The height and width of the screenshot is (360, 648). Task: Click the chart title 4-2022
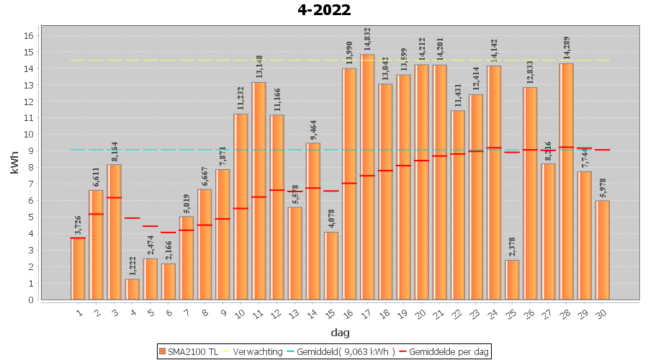[x=324, y=10]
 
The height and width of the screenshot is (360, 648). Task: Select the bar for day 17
[x=367, y=176]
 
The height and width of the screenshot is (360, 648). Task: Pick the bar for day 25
[x=512, y=280]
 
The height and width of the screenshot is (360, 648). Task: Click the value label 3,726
[x=78, y=222]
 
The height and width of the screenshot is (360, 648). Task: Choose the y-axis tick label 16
[x=30, y=35]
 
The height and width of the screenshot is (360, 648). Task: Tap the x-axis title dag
[x=341, y=332]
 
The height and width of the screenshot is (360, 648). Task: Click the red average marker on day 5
[x=150, y=226]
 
